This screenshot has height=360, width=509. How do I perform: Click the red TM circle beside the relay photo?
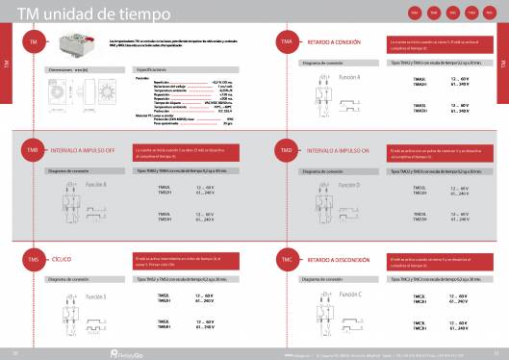(33, 44)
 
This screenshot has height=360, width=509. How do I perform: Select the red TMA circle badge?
(287, 44)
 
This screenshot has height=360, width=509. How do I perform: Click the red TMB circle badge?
(33, 151)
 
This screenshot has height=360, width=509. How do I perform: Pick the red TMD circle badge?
(287, 151)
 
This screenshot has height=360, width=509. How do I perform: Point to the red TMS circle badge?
(33, 260)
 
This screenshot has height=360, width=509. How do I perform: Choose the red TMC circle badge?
(287, 260)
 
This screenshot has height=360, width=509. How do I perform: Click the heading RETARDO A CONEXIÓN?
(336, 44)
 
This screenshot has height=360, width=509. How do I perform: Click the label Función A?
(350, 76)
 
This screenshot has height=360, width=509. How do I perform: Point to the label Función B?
(96, 183)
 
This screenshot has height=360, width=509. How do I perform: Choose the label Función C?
(350, 293)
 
